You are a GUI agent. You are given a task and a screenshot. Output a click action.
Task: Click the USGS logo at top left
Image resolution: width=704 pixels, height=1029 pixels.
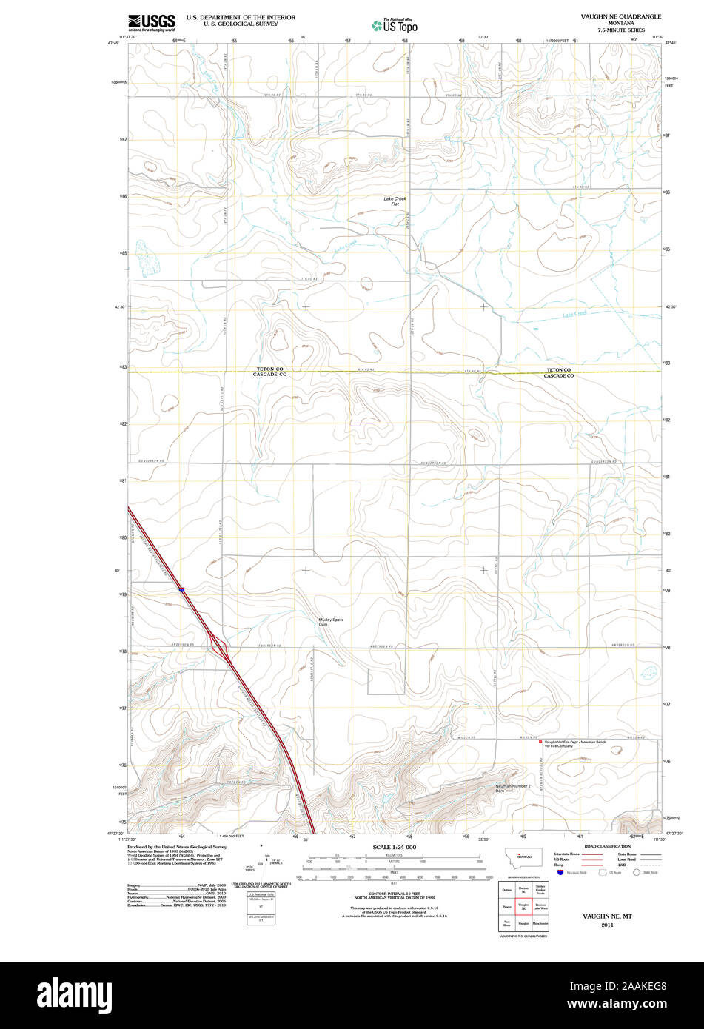tap(152, 22)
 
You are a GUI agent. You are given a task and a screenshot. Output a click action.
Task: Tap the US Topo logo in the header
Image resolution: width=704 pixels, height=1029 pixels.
tap(395, 25)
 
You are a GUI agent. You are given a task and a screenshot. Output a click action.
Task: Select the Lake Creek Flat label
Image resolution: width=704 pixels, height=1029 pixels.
tap(395, 201)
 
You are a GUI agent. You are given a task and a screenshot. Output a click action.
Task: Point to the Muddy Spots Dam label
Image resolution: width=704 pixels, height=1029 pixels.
tap(330, 622)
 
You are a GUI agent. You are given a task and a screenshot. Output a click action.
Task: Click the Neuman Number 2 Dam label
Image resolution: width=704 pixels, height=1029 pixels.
tap(513, 788)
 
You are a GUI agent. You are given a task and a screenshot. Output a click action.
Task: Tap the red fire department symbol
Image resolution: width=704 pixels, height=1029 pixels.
tap(540, 741)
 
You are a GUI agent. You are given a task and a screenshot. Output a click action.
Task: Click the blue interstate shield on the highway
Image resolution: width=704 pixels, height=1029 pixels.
tap(181, 589)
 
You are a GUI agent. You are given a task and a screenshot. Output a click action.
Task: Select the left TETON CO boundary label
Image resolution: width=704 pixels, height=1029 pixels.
tap(270, 369)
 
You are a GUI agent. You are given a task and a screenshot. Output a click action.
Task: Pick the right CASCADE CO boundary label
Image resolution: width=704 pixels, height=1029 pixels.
tap(559, 376)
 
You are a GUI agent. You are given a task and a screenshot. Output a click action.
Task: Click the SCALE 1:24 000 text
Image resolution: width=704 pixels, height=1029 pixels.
tap(395, 847)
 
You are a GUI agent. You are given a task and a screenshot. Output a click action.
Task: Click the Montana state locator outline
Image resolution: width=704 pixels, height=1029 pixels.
tap(523, 856)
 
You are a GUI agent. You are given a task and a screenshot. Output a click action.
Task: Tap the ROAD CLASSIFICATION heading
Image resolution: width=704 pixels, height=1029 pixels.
tap(607, 846)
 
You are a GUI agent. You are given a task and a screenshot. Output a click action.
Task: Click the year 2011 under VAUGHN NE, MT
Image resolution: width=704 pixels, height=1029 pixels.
tap(607, 925)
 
